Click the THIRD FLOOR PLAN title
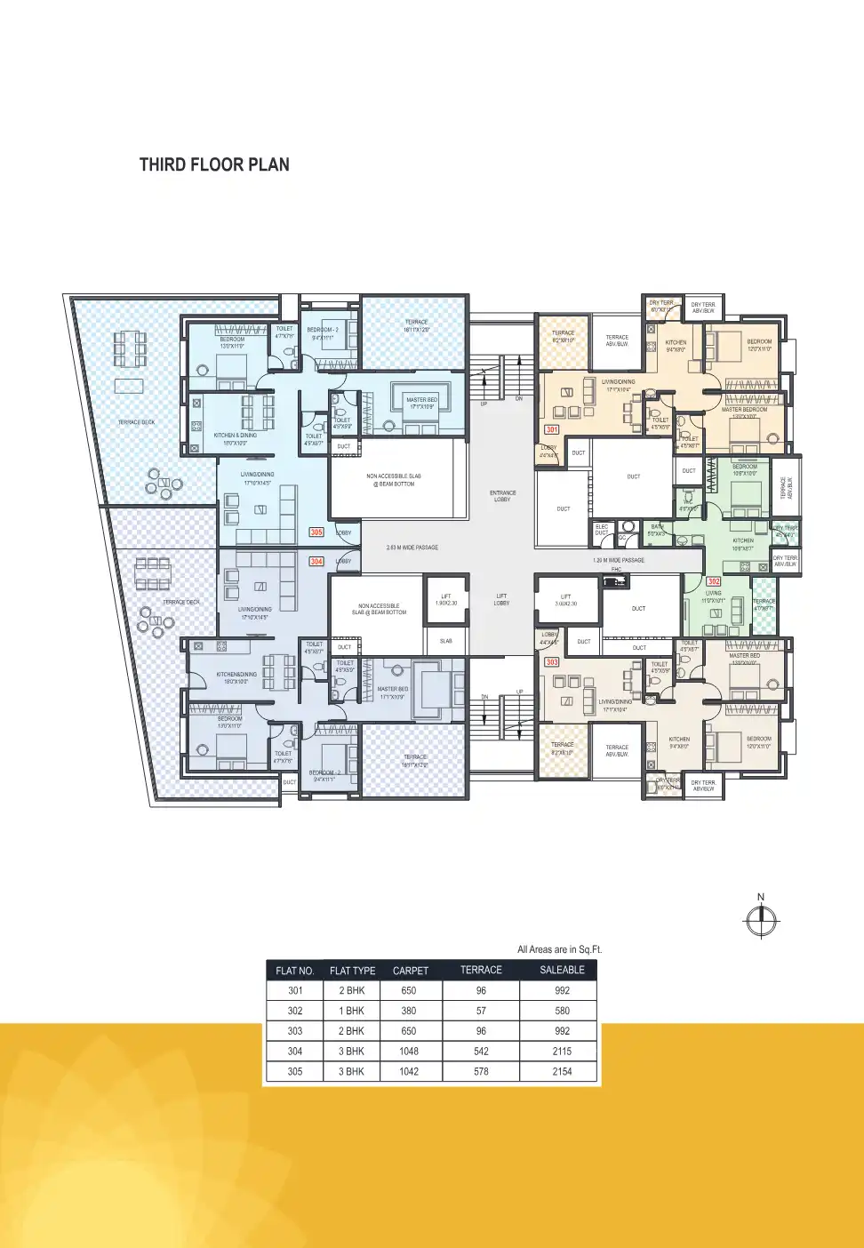pos(214,164)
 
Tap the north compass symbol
pos(761,920)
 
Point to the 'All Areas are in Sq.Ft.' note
pos(559,949)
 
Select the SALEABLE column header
pos(562,970)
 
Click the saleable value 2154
pos(562,1071)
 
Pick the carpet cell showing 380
pos(409,1011)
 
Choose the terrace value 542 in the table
pos(481,1051)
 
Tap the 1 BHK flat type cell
pos(352,1011)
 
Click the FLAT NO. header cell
pos(295,971)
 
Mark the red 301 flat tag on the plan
pos(552,429)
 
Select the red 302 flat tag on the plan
pos(714,581)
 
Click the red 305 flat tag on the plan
pos(316,532)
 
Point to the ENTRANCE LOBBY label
pos(502,496)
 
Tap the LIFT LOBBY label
pos(501,600)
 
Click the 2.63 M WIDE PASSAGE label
pos(412,548)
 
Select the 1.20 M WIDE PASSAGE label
pos(619,560)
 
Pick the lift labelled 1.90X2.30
pos(446,600)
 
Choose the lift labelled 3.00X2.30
pos(566,600)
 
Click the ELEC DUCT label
pos(602,530)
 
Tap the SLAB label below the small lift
pos(446,641)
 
